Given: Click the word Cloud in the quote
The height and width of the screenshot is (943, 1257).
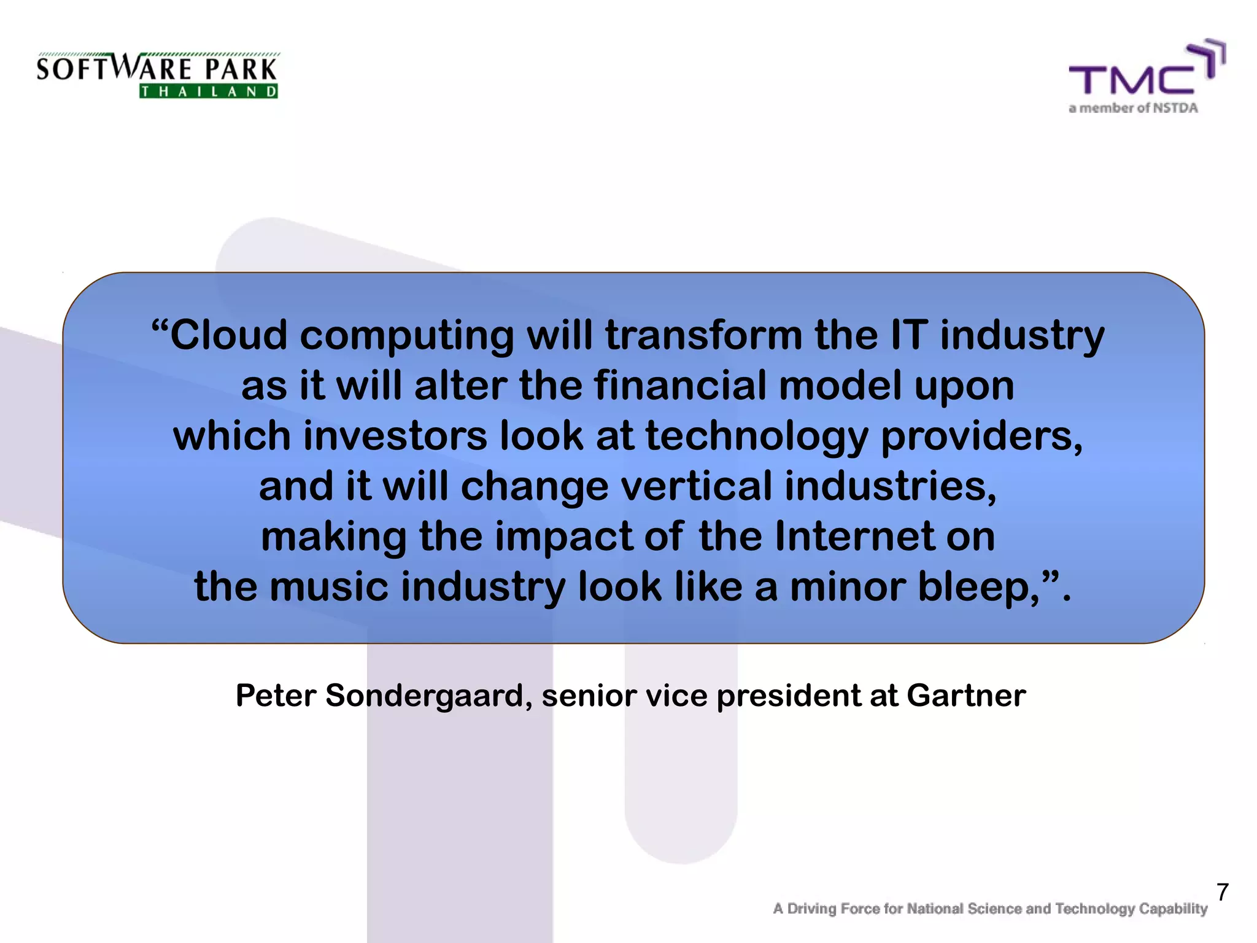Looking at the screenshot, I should [x=228, y=335].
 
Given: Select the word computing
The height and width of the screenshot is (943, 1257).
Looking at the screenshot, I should [x=406, y=336].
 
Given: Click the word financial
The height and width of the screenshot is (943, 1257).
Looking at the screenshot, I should [x=680, y=386].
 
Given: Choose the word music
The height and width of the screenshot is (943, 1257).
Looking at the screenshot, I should [x=328, y=586].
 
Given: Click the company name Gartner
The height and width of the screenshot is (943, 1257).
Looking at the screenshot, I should [x=965, y=696].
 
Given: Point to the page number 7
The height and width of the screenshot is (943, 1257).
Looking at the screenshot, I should [x=1222, y=892].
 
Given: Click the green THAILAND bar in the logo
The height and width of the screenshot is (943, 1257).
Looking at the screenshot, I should [x=209, y=92].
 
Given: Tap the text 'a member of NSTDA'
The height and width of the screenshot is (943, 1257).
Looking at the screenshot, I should [x=1133, y=109].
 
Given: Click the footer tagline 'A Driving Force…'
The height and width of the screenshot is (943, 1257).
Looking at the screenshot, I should [x=990, y=909].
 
